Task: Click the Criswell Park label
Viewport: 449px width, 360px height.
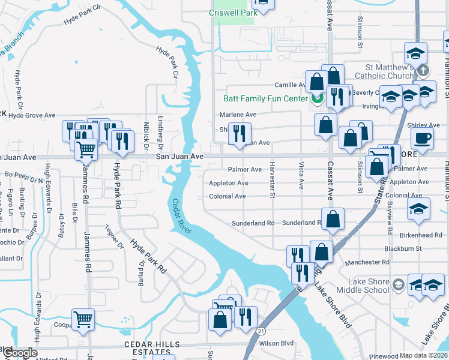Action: (x=232, y=12)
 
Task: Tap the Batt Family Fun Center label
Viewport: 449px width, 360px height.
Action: (x=265, y=98)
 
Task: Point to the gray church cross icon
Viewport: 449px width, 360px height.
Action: (x=424, y=71)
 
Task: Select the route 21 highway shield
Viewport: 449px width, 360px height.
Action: (x=260, y=331)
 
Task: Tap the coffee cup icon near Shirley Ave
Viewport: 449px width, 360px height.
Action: (x=422, y=138)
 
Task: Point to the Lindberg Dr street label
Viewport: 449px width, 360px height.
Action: (x=161, y=131)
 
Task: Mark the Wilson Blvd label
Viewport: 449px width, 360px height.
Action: (x=276, y=344)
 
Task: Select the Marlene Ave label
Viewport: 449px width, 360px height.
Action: (x=237, y=115)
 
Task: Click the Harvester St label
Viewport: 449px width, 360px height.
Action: (x=272, y=179)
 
